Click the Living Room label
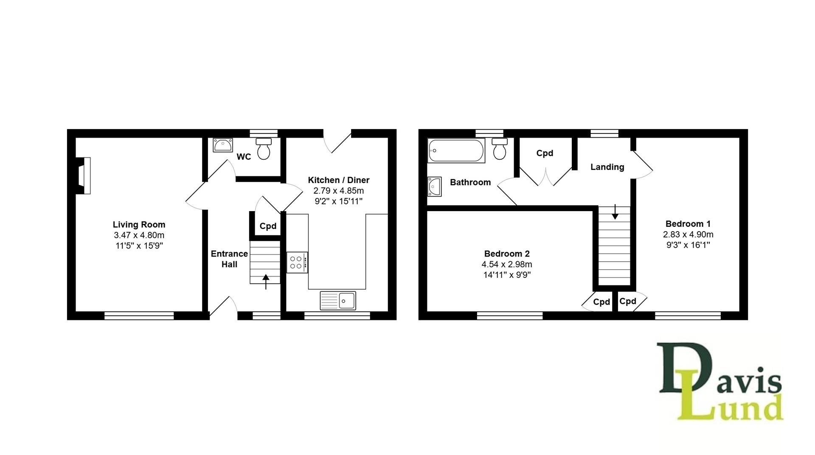click(x=139, y=224)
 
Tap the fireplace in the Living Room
click(x=84, y=176)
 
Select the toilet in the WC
click(x=264, y=149)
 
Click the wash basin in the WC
click(x=222, y=145)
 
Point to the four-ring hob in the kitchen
click(x=296, y=263)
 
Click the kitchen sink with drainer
click(x=338, y=301)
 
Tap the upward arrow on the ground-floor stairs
click(x=266, y=282)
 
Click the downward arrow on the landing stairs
click(x=615, y=212)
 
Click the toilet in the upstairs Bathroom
click(x=500, y=149)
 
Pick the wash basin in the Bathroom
click(x=434, y=187)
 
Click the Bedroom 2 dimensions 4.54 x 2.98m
click(x=507, y=264)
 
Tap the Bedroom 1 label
click(x=688, y=223)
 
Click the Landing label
click(x=607, y=167)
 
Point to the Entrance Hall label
click(x=229, y=259)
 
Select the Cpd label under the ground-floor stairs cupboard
click(x=268, y=226)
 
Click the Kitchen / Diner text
click(x=338, y=180)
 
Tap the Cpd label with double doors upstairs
click(x=545, y=153)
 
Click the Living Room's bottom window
click(x=139, y=316)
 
